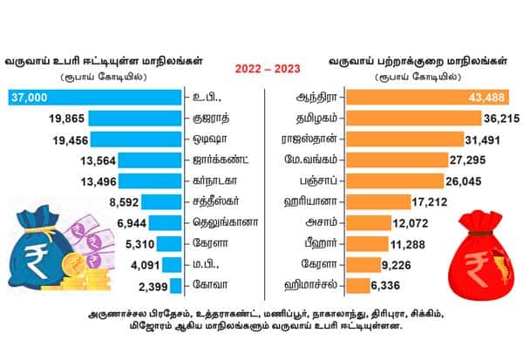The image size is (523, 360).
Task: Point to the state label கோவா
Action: coord(207,285)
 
